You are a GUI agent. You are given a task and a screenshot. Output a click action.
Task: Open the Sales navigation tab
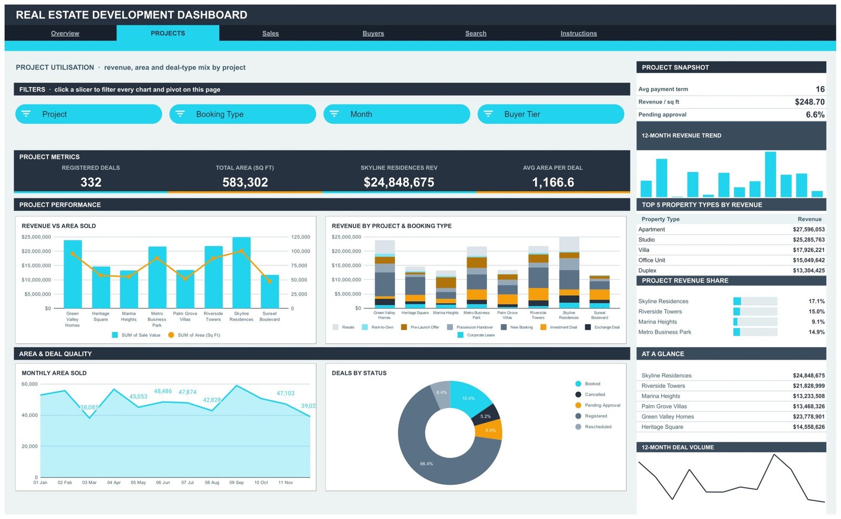coord(270,34)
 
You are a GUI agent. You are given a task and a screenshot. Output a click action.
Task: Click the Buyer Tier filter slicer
coord(551,114)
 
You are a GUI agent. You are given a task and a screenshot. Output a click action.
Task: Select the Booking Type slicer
coord(242,114)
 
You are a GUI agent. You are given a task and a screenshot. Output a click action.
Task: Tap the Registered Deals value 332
coord(91,182)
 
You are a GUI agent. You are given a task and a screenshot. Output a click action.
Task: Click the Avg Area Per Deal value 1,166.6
coord(552,182)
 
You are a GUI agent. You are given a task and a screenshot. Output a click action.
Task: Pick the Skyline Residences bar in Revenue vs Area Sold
coord(241,273)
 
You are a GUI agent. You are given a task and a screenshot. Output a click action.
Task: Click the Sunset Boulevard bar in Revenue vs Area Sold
coord(270,292)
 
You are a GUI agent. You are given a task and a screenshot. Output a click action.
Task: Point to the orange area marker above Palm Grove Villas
coord(185,279)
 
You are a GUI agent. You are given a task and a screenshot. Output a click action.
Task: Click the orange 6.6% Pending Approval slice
coord(490,430)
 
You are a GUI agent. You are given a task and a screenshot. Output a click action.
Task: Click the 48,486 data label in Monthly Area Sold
coord(162,391)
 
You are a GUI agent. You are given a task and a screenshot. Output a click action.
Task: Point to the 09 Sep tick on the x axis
coord(237,483)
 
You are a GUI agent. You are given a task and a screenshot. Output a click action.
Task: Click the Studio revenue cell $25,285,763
coord(809,240)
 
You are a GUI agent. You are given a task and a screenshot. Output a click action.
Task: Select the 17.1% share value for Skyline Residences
coord(816,302)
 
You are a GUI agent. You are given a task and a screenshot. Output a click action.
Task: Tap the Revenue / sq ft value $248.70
coord(809,102)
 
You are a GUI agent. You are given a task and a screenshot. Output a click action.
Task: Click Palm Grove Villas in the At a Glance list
coord(664,407)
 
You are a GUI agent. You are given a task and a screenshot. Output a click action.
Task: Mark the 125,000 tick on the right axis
coord(300,237)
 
